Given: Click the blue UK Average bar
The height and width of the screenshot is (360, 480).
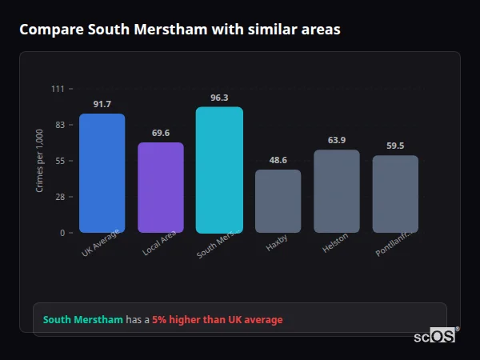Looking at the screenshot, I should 102,173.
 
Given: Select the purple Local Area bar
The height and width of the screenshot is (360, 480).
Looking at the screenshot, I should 161,187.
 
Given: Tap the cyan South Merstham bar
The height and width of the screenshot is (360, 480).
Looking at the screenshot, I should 219,170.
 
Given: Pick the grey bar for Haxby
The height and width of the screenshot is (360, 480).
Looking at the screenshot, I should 278,201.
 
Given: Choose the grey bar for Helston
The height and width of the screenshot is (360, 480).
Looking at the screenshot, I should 337,191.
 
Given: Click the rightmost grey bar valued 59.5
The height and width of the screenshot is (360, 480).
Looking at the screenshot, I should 395,194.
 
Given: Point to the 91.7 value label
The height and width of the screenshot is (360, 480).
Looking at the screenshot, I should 102,104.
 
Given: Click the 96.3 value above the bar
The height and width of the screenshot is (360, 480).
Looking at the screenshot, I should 219,98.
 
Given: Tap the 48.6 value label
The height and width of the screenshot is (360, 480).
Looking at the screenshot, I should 278,160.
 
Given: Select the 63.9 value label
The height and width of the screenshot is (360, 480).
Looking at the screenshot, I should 337,140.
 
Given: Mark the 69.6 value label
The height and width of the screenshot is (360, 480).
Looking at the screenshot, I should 161,133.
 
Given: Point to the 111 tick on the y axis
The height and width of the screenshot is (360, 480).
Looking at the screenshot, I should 58,88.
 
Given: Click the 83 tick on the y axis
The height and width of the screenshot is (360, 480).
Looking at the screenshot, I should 59,125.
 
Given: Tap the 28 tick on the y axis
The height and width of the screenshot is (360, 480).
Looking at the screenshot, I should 59,197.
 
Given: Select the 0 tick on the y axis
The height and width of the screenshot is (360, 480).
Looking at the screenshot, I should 62,233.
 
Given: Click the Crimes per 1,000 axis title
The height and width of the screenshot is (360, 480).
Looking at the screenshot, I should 39,160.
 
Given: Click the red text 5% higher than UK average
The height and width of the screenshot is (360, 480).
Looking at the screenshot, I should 217,320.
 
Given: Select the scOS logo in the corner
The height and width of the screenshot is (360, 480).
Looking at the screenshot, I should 434,336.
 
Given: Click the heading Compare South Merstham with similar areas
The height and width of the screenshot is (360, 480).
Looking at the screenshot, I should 180,30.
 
